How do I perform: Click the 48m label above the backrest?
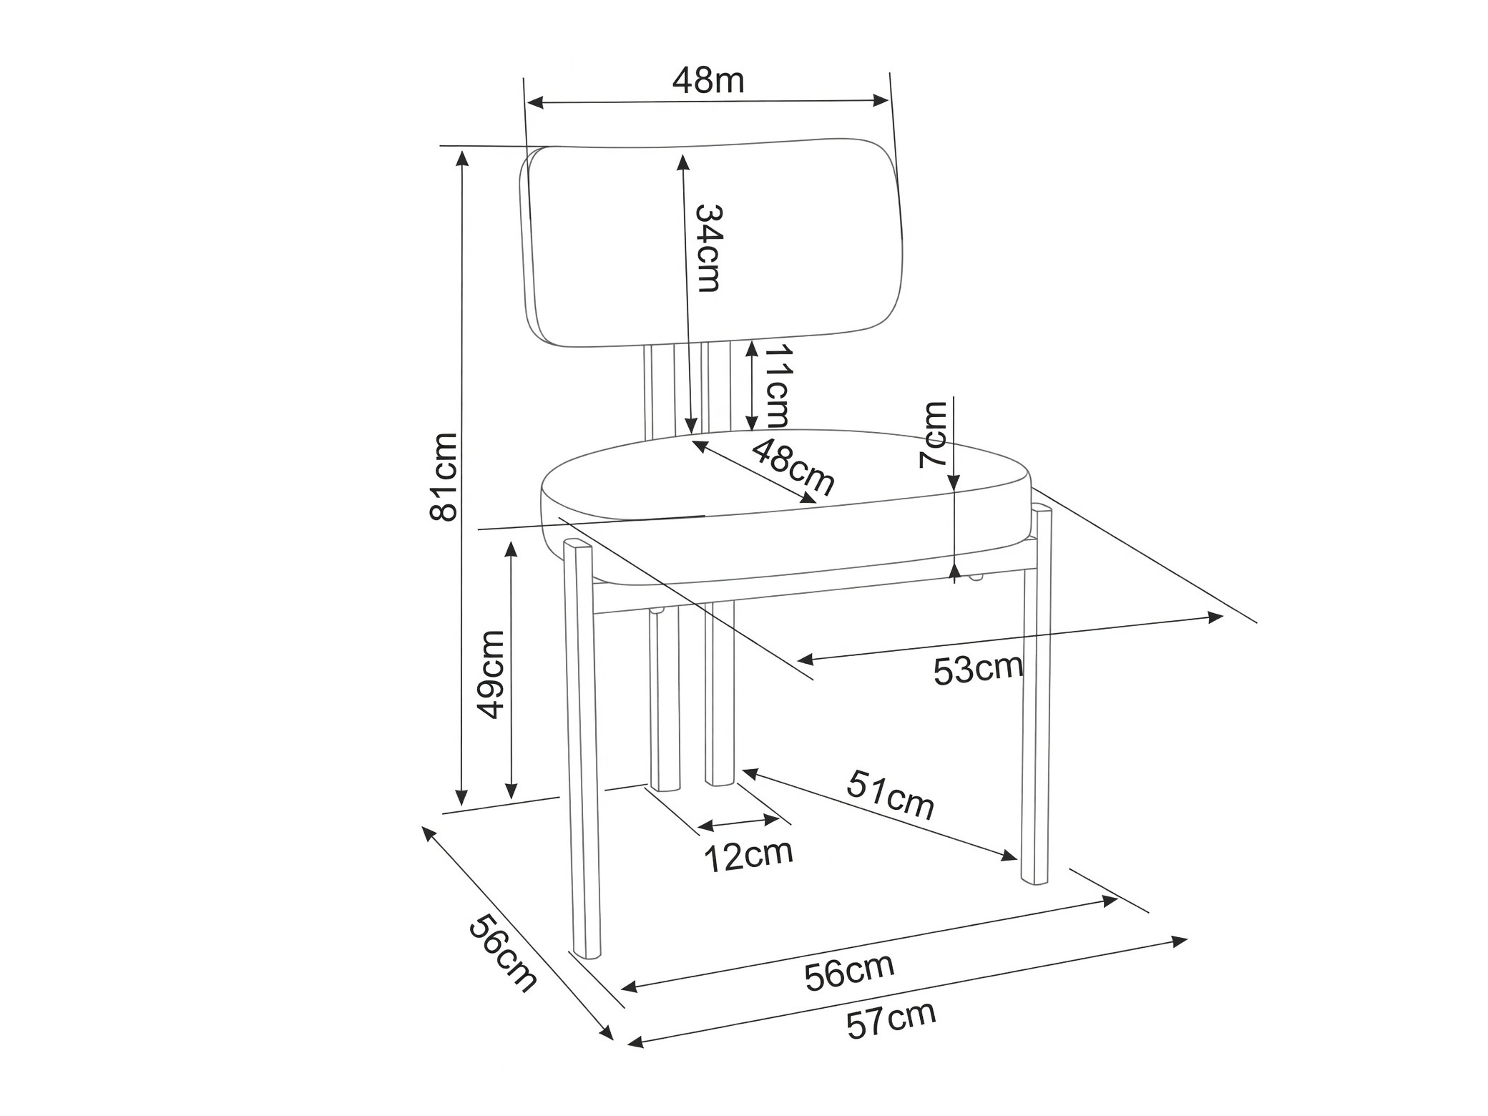[x=708, y=81]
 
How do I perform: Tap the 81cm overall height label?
[x=444, y=476]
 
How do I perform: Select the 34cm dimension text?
[x=709, y=248]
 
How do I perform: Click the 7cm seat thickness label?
[x=933, y=434]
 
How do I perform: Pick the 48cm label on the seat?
[x=793, y=467]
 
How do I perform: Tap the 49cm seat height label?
[x=491, y=674]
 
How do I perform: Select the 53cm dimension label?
[x=978, y=670]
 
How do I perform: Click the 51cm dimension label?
[x=891, y=795]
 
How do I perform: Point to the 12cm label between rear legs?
[x=749, y=855]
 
